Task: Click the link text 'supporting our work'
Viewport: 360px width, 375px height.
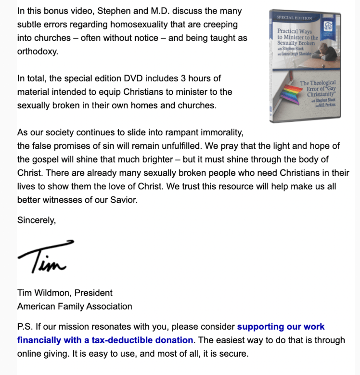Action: pyautogui.click(x=281, y=327)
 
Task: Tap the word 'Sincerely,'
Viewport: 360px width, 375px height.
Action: pyautogui.click(x=37, y=220)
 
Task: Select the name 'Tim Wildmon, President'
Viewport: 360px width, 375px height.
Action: pyautogui.click(x=65, y=293)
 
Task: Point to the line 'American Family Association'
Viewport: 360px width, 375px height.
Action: pyautogui.click(x=75, y=306)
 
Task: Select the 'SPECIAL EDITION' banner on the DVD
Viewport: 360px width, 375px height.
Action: pyautogui.click(x=294, y=18)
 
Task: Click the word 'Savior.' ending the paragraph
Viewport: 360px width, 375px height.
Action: pyautogui.click(x=125, y=200)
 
